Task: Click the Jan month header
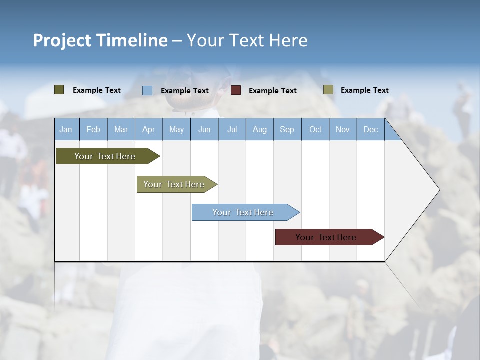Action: [x=66, y=129]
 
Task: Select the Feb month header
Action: [x=93, y=129]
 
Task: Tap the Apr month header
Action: [x=148, y=129]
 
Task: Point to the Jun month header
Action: [x=204, y=129]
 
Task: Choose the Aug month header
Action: [x=259, y=129]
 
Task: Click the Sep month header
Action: [x=287, y=129]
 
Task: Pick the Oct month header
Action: [x=315, y=129]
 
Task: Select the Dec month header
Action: [x=370, y=129]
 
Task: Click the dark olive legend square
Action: [x=59, y=90]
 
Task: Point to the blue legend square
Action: [x=147, y=90]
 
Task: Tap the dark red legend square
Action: [x=236, y=90]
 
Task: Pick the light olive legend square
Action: [x=328, y=90]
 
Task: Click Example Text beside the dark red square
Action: [x=272, y=91]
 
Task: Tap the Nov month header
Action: [x=343, y=129]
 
